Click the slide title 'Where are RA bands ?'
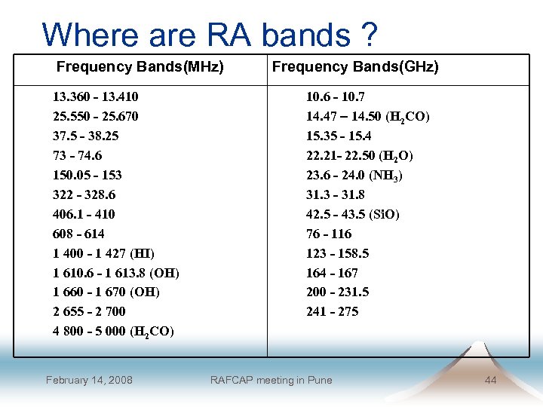coord(210,35)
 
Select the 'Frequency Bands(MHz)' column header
coord(140,67)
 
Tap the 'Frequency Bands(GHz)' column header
coord(355,67)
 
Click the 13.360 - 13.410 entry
coord(95,97)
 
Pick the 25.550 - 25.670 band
coord(95,117)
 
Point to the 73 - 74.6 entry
coord(77,155)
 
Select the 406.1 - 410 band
coord(84,214)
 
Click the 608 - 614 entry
coord(78,234)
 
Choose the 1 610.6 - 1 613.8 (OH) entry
coord(115,273)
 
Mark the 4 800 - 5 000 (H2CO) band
coord(113,331)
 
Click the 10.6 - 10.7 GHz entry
coord(335,97)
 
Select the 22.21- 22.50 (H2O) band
coord(359,155)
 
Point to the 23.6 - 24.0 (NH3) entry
coord(354,175)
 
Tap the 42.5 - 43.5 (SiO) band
coord(352,214)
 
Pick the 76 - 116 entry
coord(328,234)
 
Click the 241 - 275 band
coord(332,311)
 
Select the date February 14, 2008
coord(89,380)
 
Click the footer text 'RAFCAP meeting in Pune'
coord(271,380)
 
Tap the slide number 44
coord(490,380)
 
